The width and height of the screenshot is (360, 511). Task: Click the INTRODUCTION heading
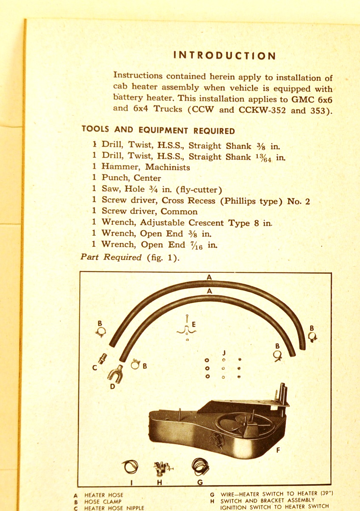coord(225,56)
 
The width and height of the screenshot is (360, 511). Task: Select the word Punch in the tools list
coord(115,178)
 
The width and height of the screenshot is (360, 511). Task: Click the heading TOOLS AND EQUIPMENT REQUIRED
coord(158,131)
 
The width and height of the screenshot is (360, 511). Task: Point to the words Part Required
coord(111,257)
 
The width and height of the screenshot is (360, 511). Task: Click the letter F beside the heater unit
coord(278,449)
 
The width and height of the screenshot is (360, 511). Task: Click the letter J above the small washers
coord(223,353)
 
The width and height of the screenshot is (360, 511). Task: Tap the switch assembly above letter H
coord(160,468)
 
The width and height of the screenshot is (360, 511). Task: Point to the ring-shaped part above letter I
coord(131,467)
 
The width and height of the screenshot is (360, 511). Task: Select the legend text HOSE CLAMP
coord(103,502)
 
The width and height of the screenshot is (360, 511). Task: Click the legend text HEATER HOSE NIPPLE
coord(114,508)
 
